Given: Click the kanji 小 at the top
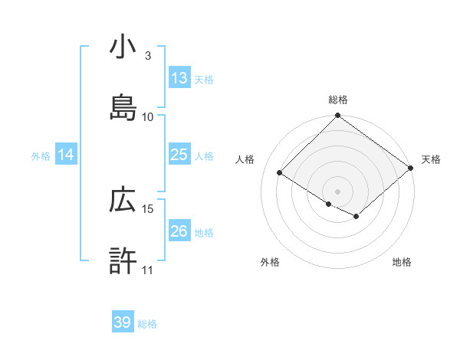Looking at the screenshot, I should click(x=123, y=48).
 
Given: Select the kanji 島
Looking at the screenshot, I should click(x=123, y=107).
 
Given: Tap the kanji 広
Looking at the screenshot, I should click(x=123, y=201).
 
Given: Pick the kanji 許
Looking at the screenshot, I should click(x=123, y=260).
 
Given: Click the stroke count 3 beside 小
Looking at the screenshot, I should click(x=148, y=56).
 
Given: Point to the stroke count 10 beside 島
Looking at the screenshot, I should click(x=148, y=116).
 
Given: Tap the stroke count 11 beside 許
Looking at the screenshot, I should click(x=148, y=270).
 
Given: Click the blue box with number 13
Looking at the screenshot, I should click(x=179, y=78).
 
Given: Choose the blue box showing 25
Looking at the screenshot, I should click(x=179, y=155).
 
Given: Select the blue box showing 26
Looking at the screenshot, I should click(x=179, y=231).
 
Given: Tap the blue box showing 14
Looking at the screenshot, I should click(x=66, y=155).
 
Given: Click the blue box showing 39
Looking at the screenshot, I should click(x=122, y=323).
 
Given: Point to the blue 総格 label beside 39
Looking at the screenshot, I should click(x=147, y=324).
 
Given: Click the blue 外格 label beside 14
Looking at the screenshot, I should click(x=41, y=156).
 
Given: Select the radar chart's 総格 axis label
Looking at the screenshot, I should click(x=337, y=100).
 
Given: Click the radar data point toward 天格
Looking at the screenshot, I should click(x=412, y=169).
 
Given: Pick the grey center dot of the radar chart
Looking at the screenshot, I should click(x=337, y=191).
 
